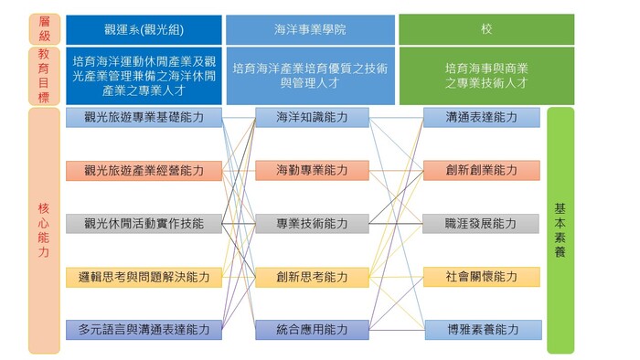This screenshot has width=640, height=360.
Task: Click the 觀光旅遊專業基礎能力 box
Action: pyautogui.click(x=144, y=118)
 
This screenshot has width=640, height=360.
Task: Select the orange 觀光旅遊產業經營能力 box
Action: pyautogui.click(x=144, y=171)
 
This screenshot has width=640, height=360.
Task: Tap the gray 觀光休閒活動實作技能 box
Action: pyautogui.click(x=144, y=223)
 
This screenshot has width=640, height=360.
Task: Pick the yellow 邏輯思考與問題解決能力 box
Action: pyautogui.click(x=144, y=277)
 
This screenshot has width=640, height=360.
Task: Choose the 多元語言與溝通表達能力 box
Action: pyautogui.click(x=144, y=329)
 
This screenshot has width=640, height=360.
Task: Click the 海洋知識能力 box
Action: pyautogui.click(x=312, y=118)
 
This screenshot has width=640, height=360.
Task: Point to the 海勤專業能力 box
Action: pyautogui.click(x=312, y=171)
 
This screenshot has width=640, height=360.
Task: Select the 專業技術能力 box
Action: pyautogui.click(x=312, y=223)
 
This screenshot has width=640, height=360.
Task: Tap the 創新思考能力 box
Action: pyautogui.click(x=312, y=277)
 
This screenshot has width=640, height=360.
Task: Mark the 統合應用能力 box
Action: pyautogui.click(x=312, y=329)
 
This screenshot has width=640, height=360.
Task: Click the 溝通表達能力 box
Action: pyautogui.click(x=481, y=118)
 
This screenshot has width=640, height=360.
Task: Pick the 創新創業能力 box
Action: pyautogui.click(x=481, y=171)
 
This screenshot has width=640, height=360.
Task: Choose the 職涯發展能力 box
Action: pyautogui.click(x=481, y=223)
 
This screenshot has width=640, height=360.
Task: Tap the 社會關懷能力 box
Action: pyautogui.click(x=481, y=277)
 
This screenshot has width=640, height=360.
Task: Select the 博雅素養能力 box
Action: pyautogui.click(x=481, y=329)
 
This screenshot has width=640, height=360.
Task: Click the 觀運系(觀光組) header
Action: pyautogui.click(x=144, y=29)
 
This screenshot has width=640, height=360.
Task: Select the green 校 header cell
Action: pyautogui.click(x=486, y=29)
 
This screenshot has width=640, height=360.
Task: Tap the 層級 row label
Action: pyautogui.click(x=44, y=29)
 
